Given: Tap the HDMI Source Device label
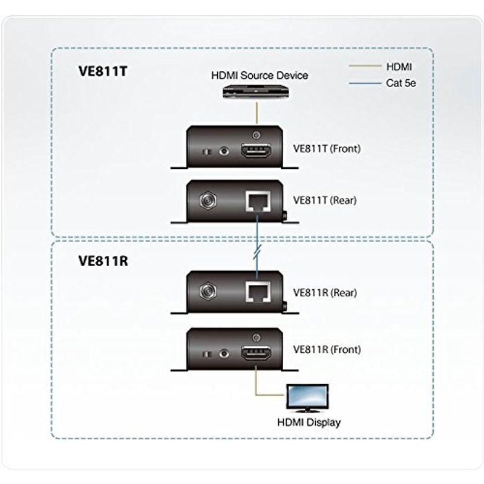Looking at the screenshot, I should (259, 76).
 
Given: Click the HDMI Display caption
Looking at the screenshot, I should (307, 423).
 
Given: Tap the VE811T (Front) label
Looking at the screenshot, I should (326, 148).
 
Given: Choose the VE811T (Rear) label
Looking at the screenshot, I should (324, 200).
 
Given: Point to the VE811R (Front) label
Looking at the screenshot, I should (326, 350).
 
